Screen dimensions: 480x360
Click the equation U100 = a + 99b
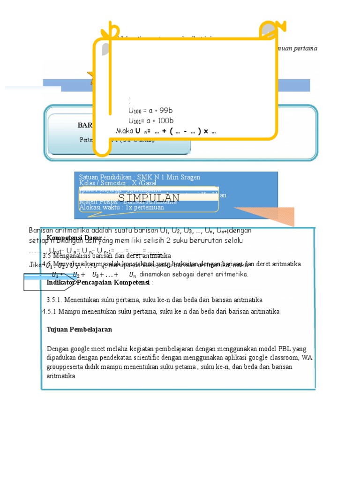coord(150,111)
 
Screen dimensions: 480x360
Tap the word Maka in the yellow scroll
coord(124,131)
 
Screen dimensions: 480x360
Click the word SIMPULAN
coord(149,198)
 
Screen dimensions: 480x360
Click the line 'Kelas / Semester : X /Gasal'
coord(120,183)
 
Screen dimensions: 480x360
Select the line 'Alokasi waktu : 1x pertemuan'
coord(121,207)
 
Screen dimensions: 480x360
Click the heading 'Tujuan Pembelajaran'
coord(79,330)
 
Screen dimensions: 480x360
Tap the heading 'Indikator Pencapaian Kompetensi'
coord(98,283)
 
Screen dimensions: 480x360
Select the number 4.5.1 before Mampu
coord(49,311)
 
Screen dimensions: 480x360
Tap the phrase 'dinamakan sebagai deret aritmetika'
coord(194,274)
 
